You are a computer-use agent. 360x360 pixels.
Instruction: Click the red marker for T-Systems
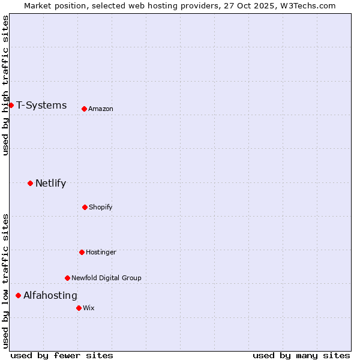(x=11, y=105)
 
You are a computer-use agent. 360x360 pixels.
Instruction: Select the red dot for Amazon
(x=84, y=109)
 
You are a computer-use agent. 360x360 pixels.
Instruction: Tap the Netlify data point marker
(x=30, y=183)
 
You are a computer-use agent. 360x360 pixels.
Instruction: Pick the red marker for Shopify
(x=85, y=207)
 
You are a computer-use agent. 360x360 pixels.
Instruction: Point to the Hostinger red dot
(x=82, y=252)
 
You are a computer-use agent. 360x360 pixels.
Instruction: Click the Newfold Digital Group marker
(x=67, y=278)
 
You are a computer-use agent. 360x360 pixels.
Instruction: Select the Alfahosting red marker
(x=18, y=295)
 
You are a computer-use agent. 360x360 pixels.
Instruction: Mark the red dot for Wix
(x=79, y=308)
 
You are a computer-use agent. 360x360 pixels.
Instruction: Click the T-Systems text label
(x=41, y=106)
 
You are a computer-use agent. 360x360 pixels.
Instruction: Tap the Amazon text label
(x=101, y=109)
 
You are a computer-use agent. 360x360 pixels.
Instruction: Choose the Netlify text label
(x=50, y=184)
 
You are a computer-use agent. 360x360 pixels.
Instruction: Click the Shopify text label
(x=101, y=207)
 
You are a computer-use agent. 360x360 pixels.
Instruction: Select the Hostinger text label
(x=101, y=252)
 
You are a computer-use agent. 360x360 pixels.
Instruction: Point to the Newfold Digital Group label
(x=106, y=278)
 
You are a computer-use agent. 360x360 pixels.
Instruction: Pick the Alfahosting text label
(x=50, y=296)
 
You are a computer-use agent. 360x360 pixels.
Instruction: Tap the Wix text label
(x=89, y=308)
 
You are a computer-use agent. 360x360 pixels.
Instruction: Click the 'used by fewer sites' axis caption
(x=62, y=355)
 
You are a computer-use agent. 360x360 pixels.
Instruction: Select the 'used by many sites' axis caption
(x=301, y=355)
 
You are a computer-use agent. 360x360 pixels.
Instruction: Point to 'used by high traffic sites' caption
(x=5, y=85)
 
